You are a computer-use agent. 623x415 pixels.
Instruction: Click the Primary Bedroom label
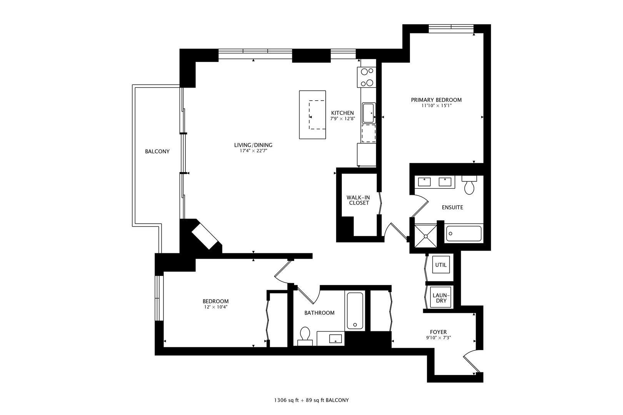(436, 100)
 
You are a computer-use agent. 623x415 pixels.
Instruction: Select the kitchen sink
(369, 113)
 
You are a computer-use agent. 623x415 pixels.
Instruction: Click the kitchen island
(312, 115)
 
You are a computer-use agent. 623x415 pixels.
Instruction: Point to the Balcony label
(157, 151)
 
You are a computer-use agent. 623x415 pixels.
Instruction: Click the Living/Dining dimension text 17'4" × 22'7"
(253, 151)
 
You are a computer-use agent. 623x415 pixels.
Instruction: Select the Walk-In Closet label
(358, 200)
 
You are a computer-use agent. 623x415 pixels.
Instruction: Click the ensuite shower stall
(426, 235)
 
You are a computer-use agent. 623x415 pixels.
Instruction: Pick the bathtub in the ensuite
(464, 234)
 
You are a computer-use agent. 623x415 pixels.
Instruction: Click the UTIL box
(441, 265)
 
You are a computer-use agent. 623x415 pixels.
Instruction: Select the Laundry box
(439, 298)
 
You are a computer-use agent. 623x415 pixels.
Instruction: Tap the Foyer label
(438, 332)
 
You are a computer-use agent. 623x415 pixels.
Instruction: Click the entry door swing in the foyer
(471, 362)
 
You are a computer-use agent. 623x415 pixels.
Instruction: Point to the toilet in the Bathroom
(305, 334)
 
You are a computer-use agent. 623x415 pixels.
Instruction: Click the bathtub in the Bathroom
(355, 310)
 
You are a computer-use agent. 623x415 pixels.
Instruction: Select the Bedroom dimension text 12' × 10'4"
(215, 307)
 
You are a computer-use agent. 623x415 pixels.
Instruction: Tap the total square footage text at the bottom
(311, 400)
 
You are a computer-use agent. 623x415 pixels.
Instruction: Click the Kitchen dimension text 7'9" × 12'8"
(342, 119)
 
